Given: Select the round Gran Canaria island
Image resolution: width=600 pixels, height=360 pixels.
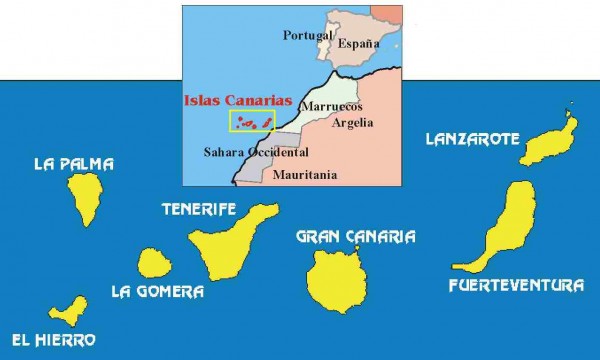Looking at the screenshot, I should [x=338, y=279].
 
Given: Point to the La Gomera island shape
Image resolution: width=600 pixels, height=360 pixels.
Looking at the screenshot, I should [x=154, y=264].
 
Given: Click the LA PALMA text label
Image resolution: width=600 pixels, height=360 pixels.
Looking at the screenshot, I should [x=73, y=164].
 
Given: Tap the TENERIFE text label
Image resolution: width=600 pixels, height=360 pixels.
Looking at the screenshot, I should [x=198, y=210].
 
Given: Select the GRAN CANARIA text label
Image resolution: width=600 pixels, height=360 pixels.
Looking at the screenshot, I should [x=356, y=237].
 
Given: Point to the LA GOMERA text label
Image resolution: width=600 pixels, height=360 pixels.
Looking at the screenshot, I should [x=158, y=292].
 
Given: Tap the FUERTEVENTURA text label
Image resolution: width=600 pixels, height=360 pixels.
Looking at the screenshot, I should [x=516, y=286].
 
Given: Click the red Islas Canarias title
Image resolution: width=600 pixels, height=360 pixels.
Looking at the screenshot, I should [x=238, y=101].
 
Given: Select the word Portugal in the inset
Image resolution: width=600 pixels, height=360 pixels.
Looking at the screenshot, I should [x=307, y=35].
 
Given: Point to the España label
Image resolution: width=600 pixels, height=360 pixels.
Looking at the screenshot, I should [x=358, y=45].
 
